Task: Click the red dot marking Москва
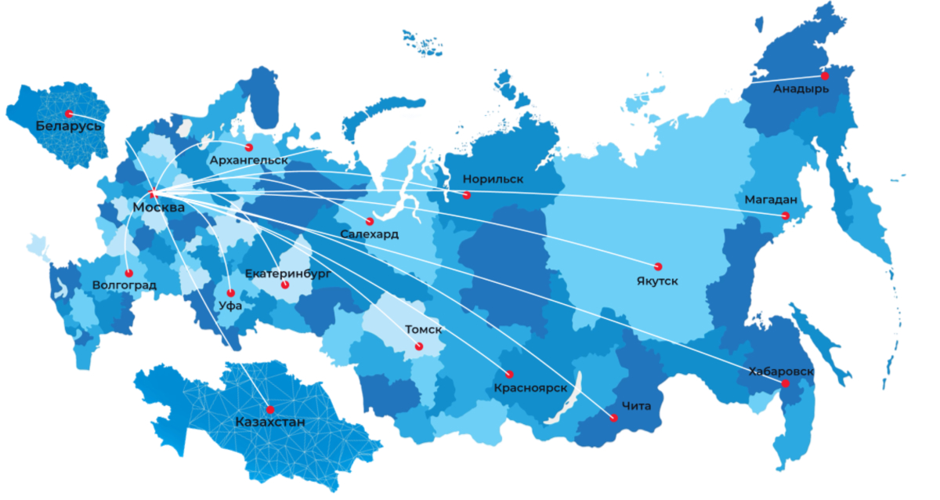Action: point(154,194)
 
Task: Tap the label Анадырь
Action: point(801,89)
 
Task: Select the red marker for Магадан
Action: point(786,216)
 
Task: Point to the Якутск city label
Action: point(658,281)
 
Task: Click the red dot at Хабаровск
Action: point(785,383)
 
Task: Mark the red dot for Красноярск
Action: point(509,374)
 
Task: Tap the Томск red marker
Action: point(418,346)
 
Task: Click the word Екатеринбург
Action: point(287,274)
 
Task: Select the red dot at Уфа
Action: point(230,293)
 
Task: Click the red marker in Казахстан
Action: point(270,409)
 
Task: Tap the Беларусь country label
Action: point(69,125)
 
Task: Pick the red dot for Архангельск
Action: point(249,147)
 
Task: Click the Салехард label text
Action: point(369,234)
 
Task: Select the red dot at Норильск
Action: point(467,194)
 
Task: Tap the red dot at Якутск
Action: point(658,266)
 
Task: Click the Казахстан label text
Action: point(270,423)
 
